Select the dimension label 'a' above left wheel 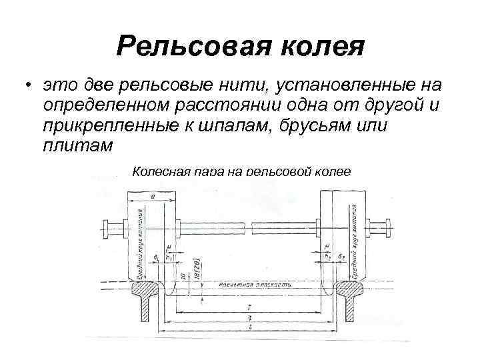coord(153,196)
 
